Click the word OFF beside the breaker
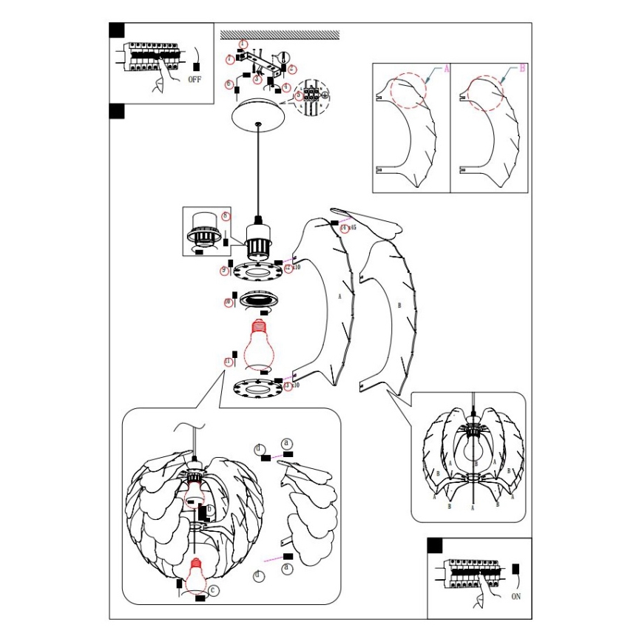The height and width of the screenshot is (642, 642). (x=195, y=78)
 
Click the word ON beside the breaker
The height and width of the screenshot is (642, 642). (x=516, y=594)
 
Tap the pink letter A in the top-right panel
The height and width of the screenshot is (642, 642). (x=446, y=68)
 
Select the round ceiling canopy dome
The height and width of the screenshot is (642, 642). (x=257, y=118)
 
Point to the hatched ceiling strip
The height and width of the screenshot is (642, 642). (x=280, y=34)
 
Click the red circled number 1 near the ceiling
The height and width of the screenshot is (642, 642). (x=230, y=58)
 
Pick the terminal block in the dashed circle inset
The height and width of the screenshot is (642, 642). (x=312, y=95)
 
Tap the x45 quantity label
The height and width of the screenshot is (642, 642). (x=351, y=228)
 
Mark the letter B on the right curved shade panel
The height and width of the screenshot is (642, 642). (x=399, y=304)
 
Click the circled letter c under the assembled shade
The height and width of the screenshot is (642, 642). (x=213, y=589)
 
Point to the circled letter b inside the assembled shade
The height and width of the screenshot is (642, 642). (x=210, y=509)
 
